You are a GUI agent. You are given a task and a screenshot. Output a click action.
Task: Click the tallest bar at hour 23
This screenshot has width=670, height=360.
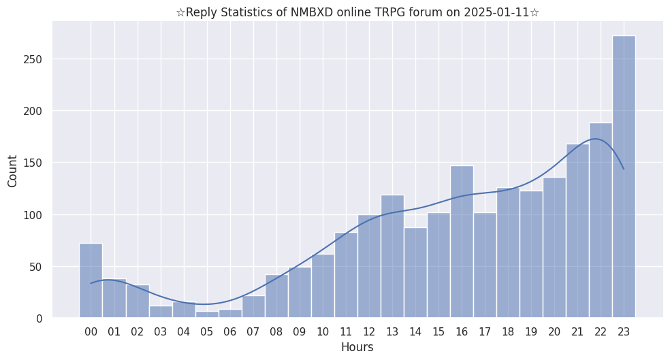point(624,177)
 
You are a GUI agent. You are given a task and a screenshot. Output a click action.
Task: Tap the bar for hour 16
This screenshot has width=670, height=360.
point(462,242)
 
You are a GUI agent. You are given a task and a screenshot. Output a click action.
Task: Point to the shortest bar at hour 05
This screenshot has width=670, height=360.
point(207,314)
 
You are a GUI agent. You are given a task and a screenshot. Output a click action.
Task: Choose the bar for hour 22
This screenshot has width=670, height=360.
point(601,220)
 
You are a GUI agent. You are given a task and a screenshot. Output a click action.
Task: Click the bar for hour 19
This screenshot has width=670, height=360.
point(531,255)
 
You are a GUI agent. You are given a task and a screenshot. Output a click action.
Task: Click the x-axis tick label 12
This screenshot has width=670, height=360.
point(369,331)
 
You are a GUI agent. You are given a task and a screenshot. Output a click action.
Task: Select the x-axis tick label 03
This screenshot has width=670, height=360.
point(161,331)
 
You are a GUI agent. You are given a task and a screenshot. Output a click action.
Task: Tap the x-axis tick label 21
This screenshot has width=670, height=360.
point(577,331)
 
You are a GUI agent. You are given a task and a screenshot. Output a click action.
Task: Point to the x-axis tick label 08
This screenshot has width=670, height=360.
point(276,331)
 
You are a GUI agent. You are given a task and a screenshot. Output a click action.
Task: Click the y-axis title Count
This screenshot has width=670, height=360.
point(12,171)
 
